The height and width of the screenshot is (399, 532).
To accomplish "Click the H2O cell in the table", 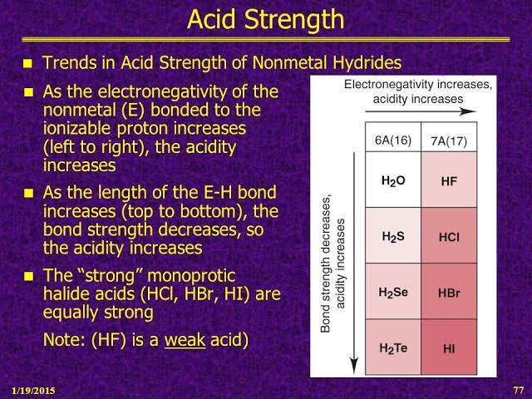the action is click(x=393, y=180).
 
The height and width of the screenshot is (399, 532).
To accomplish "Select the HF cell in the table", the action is click(x=449, y=180).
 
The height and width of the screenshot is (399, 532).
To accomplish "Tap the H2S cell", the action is click(x=393, y=235).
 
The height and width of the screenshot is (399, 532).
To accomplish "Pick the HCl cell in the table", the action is click(x=449, y=235).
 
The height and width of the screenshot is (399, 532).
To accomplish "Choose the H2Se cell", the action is click(x=393, y=291).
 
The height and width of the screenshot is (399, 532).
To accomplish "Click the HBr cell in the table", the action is click(x=449, y=291).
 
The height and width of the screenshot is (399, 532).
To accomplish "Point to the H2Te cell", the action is click(x=393, y=347).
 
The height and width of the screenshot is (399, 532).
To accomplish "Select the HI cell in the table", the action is click(x=449, y=347).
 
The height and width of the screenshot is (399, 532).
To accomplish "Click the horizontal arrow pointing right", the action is click(x=421, y=111).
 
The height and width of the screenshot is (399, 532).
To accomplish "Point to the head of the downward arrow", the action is click(x=354, y=367).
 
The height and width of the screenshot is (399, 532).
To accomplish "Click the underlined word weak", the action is click(x=185, y=339).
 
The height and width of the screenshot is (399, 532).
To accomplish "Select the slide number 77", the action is click(x=519, y=390).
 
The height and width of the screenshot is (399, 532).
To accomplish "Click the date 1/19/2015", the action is click(x=33, y=391).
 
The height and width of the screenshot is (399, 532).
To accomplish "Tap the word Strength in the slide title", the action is click(x=294, y=19).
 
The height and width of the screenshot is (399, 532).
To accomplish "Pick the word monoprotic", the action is click(x=191, y=275).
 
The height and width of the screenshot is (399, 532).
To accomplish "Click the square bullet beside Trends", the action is click(x=28, y=63).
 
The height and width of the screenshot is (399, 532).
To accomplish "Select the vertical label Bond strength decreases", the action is click(x=325, y=264).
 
